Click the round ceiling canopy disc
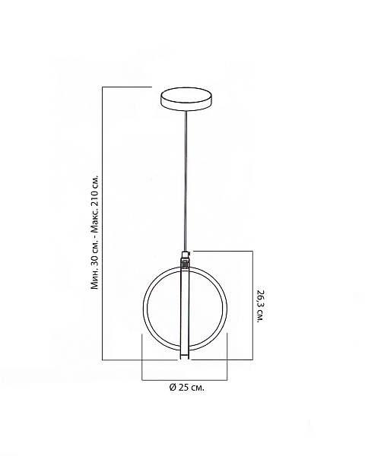(186, 99)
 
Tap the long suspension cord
(186, 181)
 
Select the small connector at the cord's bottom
(186, 259)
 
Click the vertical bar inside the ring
(185, 313)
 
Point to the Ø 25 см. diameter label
(186, 388)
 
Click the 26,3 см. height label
(260, 306)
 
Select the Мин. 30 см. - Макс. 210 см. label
(95, 232)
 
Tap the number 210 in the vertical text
(95, 199)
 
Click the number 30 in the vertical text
(95, 260)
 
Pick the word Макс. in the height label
(95, 220)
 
